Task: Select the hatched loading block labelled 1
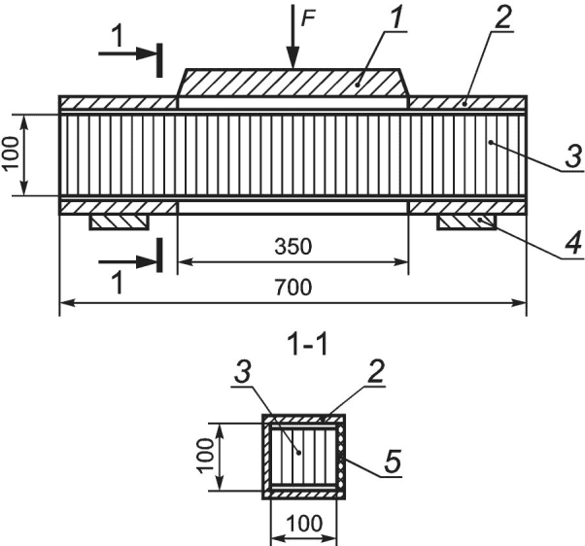(293, 83)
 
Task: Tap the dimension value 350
(292, 247)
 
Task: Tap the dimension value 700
(292, 287)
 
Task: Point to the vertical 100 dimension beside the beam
(12, 154)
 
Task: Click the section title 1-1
(308, 345)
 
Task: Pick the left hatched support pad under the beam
(119, 222)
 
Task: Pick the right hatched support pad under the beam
(466, 222)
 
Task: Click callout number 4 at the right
(573, 243)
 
